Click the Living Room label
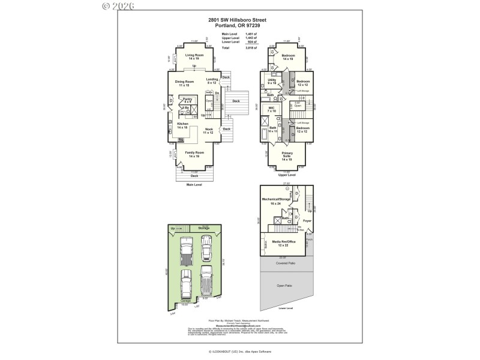pos(193,56)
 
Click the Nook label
pos(208,130)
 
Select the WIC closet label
pos(271,109)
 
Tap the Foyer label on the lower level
pos(307,221)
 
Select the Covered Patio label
pos(286,263)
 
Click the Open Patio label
pos(284,286)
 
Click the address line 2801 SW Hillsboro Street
pos(237,20)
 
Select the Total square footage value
pos(251,47)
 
